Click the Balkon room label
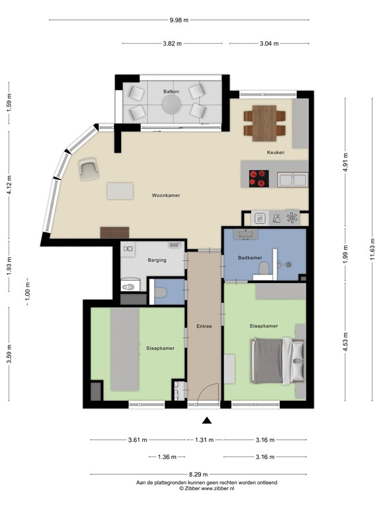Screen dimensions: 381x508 point(171,91)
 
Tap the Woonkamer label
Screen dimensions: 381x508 point(166,195)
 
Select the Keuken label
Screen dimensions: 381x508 point(276,152)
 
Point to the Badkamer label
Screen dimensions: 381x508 point(250,257)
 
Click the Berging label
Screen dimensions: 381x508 point(157,260)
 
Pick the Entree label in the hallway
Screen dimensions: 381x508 point(204,326)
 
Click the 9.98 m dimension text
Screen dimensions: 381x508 point(179,20)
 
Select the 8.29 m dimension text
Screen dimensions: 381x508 point(198,474)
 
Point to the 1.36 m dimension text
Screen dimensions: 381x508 point(167,457)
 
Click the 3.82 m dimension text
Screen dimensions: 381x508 point(173,44)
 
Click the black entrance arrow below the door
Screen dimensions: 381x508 point(206,421)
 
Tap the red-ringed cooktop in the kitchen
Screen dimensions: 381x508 point(259,179)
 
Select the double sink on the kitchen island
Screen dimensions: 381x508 point(292,180)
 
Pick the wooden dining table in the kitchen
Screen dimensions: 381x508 point(265,123)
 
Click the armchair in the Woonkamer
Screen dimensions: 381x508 point(89,169)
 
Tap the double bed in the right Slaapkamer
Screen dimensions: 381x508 point(278,361)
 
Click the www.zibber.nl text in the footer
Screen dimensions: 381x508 point(218,488)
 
